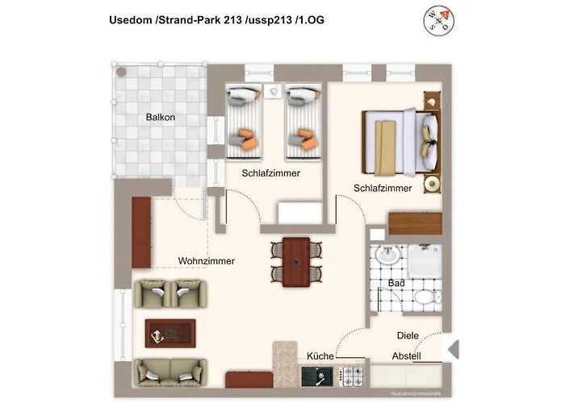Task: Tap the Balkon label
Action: click(x=161, y=118)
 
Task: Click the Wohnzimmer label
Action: click(x=206, y=261)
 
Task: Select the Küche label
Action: click(x=320, y=356)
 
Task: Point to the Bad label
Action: click(x=395, y=284)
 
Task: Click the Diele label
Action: click(x=408, y=335)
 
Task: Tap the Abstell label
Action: click(x=406, y=356)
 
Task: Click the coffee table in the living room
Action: click(x=169, y=332)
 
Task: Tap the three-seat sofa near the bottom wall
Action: click(x=169, y=372)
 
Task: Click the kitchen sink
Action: click(x=316, y=375)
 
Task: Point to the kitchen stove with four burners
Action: click(x=352, y=375)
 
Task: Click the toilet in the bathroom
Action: click(x=425, y=297)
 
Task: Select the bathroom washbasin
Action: click(x=387, y=257)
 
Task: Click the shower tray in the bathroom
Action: click(x=425, y=260)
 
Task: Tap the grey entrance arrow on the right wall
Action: click(x=454, y=350)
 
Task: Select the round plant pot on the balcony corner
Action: click(x=121, y=71)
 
